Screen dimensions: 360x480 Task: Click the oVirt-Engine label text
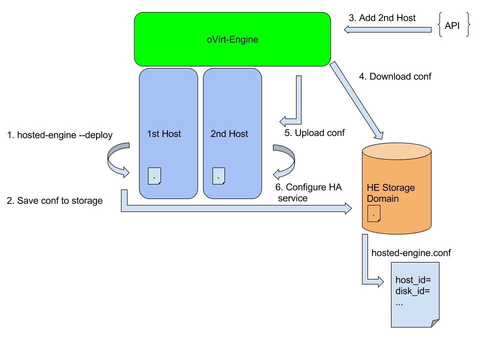pos(232,39)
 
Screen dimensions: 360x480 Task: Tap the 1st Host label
pos(164,134)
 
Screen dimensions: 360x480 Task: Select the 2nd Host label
pos(229,134)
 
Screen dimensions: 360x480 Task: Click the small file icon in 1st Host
pos(154,175)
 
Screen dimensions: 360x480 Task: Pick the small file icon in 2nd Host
pos(218,175)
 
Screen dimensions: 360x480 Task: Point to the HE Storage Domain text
pos(390,193)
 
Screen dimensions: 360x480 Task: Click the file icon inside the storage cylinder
pos(374,213)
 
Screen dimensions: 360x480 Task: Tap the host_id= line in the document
pos(413,280)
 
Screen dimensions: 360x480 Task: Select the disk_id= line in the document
pos(413,291)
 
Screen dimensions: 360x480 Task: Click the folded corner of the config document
pos(434,323)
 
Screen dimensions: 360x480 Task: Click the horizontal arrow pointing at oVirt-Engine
pos(387,30)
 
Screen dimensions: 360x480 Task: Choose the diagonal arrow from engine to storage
pos(356,100)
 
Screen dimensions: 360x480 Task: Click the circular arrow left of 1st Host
pos(116,160)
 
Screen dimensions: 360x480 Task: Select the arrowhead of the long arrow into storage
pos(348,208)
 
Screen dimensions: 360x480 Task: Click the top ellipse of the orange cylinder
pos(396,151)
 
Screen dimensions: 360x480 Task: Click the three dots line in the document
pos(400,302)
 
